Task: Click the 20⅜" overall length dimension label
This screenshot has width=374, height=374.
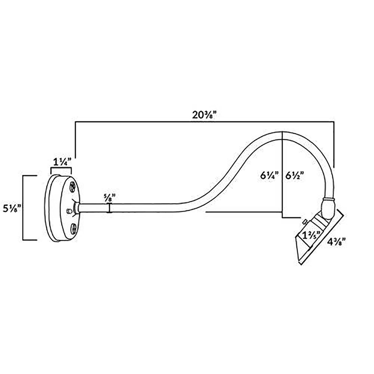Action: click(x=204, y=115)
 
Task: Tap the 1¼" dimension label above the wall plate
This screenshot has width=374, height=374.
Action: click(x=62, y=162)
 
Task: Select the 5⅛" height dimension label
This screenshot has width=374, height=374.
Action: click(x=12, y=208)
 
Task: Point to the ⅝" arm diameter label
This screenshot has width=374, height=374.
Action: click(x=109, y=198)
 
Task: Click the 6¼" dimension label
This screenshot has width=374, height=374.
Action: click(x=269, y=176)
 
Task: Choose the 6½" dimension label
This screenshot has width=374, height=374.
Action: click(x=295, y=176)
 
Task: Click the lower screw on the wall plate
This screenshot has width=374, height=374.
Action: click(x=74, y=228)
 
